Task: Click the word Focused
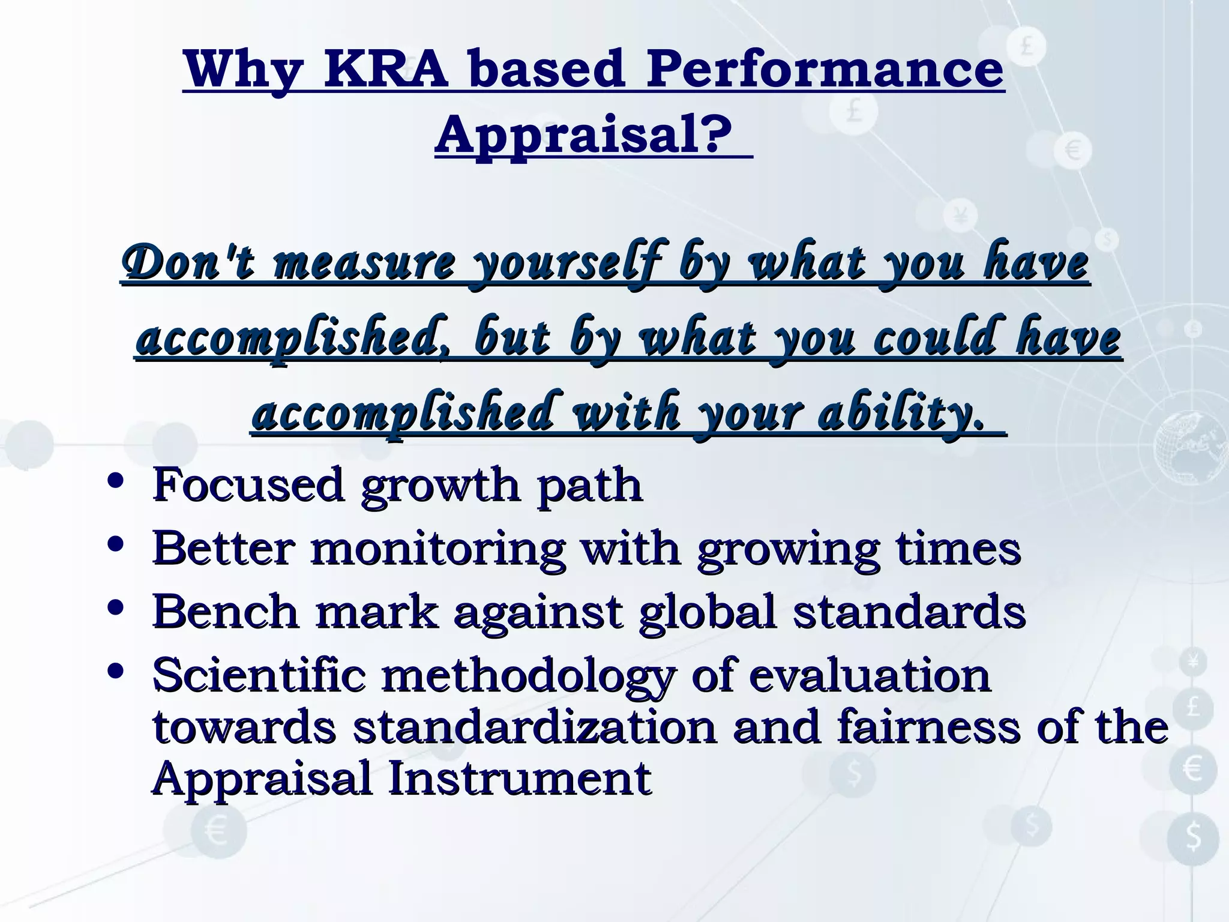(x=248, y=485)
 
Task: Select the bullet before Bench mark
(x=115, y=609)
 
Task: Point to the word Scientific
(x=259, y=675)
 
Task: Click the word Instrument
(x=520, y=779)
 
